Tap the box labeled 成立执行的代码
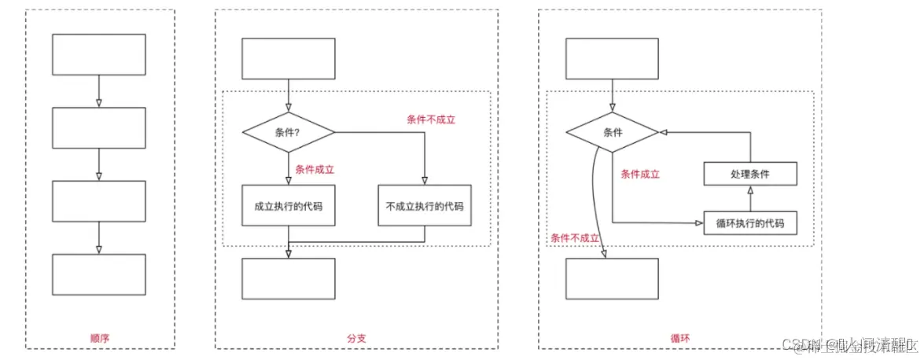[288, 206]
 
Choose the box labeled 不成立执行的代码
[425, 206]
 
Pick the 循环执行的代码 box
[750, 223]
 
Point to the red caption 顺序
[100, 338]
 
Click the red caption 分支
[356, 338]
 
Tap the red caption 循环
[680, 338]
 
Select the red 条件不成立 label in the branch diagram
[431, 119]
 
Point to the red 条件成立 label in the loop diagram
[640, 174]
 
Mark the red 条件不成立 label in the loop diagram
[576, 237]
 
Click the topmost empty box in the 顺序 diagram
[98, 54]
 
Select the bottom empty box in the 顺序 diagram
[98, 274]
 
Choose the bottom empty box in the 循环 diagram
[612, 278]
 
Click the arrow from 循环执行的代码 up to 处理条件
[750, 200]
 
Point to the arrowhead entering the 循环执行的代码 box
[699, 223]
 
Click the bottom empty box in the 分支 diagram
[288, 278]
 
